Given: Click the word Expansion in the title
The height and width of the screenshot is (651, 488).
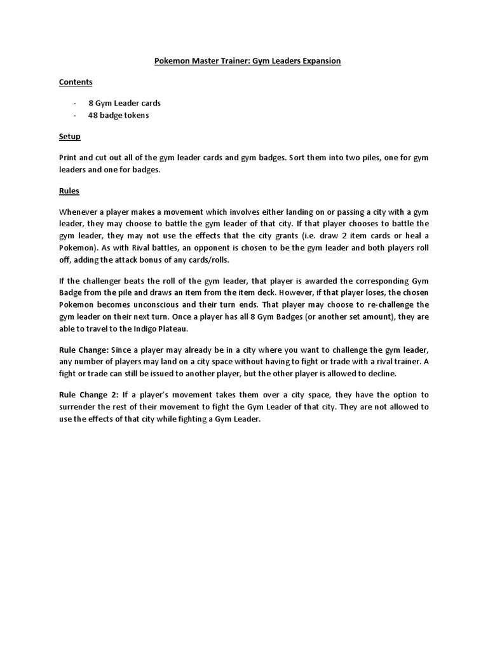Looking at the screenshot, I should [x=319, y=61].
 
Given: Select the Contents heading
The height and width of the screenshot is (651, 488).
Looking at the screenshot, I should [x=76, y=82].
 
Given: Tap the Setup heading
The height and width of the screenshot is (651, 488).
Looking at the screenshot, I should [x=69, y=137].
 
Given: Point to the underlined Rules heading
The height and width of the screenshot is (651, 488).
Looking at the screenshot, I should [x=69, y=191].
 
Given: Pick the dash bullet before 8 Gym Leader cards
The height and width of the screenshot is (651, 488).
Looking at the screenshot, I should [x=75, y=103].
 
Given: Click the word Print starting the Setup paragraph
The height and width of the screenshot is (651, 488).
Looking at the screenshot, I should [x=69, y=158].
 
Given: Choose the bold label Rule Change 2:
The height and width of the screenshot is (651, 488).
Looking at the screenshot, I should [x=88, y=395].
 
